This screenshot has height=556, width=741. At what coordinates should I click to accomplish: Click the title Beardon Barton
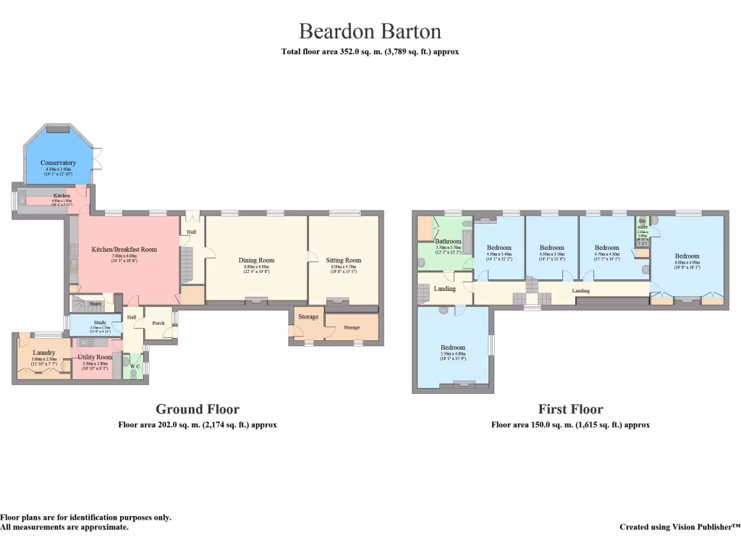tap(370, 32)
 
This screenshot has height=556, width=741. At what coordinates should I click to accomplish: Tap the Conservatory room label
tap(59, 163)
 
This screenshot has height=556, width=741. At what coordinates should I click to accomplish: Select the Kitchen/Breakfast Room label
tap(124, 250)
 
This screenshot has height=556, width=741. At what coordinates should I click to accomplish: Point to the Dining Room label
tap(257, 260)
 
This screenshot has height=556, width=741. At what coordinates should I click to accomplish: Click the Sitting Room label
tap(343, 260)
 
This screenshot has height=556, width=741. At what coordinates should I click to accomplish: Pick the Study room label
tap(100, 323)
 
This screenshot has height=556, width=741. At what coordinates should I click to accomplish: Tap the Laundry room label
tap(44, 353)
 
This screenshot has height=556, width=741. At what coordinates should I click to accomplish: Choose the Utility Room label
tap(95, 357)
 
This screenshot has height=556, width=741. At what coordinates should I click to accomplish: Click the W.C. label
tap(134, 366)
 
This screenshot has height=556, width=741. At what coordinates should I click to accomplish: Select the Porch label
tap(158, 323)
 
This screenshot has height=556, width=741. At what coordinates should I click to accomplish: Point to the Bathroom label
tap(448, 241)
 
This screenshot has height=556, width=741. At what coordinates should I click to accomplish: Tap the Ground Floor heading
tap(198, 409)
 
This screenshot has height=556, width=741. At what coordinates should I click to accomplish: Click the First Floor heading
tap(570, 409)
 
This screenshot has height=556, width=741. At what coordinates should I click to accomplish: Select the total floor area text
tap(370, 52)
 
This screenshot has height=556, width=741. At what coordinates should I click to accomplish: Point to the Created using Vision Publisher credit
tap(679, 527)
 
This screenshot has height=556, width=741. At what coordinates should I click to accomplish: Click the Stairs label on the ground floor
tap(95, 303)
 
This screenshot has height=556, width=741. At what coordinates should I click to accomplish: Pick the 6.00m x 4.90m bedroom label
tap(687, 256)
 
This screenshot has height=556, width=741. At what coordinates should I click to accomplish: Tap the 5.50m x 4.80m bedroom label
tap(454, 347)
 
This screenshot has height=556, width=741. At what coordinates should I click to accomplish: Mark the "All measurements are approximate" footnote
tap(64, 527)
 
